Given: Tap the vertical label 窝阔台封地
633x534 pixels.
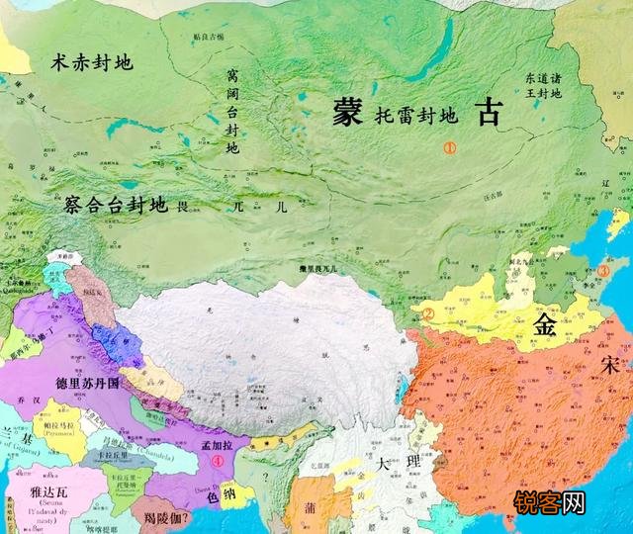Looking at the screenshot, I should coord(232,110).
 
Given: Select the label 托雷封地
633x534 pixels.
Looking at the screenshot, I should coord(415,117).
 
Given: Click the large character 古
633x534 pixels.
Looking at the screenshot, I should coord(489,112).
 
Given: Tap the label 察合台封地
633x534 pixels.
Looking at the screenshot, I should coord(114,207).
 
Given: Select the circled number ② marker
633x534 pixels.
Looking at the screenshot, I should coord(429,315).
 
